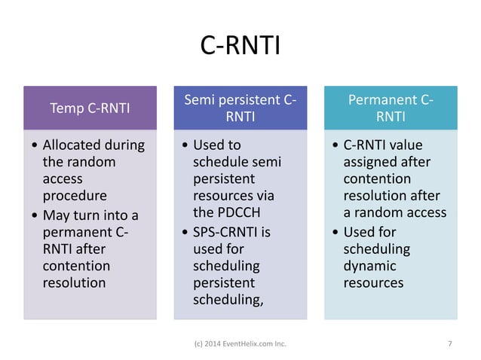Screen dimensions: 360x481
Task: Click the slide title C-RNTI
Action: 240,46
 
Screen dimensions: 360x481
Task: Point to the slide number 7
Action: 450,344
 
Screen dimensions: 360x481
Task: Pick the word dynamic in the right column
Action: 369,266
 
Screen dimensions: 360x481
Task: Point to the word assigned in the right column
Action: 370,161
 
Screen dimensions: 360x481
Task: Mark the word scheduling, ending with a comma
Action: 227,301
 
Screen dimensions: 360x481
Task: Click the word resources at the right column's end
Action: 373,283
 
